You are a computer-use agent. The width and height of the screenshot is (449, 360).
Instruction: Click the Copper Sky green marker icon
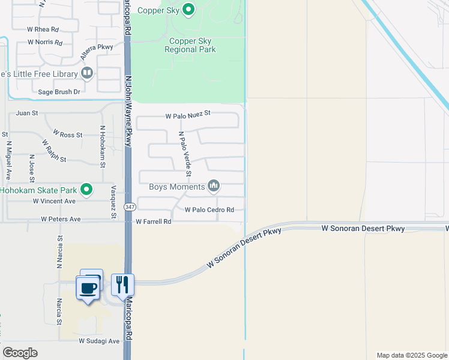[188, 9]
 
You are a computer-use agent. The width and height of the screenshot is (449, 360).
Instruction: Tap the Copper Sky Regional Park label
[192, 45]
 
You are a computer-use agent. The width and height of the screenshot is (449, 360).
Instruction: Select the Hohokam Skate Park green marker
[87, 190]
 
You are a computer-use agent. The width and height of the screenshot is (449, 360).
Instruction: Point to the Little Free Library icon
[87, 73]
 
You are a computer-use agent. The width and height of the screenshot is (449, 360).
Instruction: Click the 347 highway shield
[130, 206]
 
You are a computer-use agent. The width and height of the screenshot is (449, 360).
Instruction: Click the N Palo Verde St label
[185, 155]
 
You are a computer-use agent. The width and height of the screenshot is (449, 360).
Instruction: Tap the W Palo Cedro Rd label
[209, 210]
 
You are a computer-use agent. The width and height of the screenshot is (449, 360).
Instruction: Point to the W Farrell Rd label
[154, 221]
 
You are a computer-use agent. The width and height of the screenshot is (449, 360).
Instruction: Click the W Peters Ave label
[61, 220]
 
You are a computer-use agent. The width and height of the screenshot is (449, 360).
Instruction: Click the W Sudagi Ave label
[99, 341]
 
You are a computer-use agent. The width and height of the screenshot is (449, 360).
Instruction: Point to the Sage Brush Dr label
[59, 92]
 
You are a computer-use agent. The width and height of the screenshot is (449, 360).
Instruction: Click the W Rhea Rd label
[43, 29]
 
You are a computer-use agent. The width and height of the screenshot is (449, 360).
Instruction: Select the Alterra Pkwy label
[97, 55]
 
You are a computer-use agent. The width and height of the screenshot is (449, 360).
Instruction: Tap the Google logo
[20, 353]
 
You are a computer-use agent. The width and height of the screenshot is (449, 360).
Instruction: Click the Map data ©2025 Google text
[411, 355]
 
